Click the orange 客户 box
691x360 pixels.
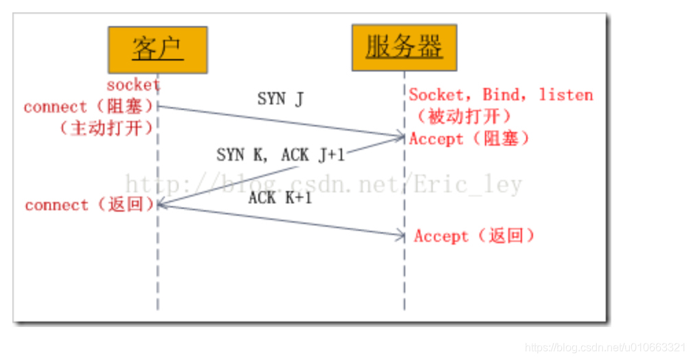tap(157, 49)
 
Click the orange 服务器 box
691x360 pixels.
tap(404, 47)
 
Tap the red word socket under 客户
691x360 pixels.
tap(133, 85)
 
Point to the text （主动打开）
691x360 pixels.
tap(106, 128)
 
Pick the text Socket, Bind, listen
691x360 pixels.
tap(501, 95)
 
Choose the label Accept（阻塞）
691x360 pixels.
tap(470, 139)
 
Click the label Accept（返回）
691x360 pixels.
tap(474, 236)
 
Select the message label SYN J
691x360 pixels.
tap(280, 99)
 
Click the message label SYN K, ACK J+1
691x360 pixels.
tap(280, 155)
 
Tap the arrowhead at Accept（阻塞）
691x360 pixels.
tap(400, 137)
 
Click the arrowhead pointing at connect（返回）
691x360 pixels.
tap(161, 203)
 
